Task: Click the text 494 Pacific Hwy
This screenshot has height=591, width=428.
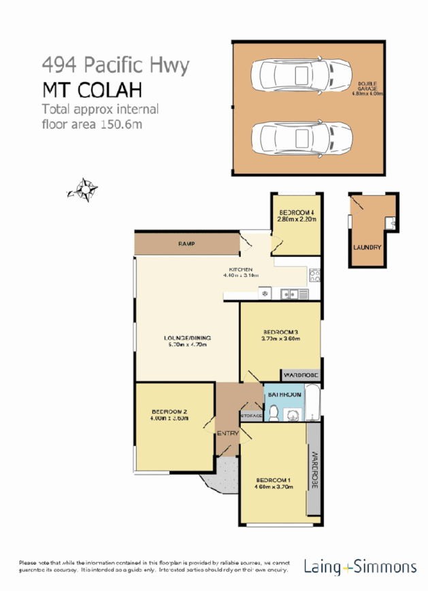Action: pyautogui.click(x=115, y=66)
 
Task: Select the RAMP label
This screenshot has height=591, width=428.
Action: pyautogui.click(x=187, y=243)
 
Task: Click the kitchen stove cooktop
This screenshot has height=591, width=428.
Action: pyautogui.click(x=315, y=275)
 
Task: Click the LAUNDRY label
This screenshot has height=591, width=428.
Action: pyautogui.click(x=367, y=247)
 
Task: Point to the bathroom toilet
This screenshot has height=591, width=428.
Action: pyautogui.click(x=272, y=411)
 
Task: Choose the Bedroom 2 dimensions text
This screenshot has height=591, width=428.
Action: pyautogui.click(x=169, y=420)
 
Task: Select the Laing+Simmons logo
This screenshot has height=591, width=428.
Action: pyautogui.click(x=361, y=567)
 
